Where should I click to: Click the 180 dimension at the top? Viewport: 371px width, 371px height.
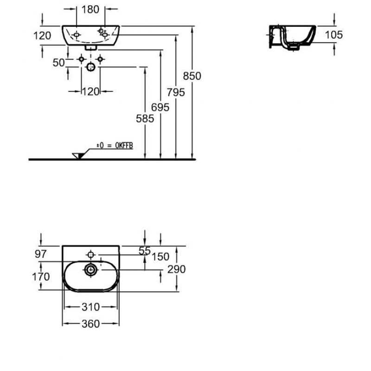pyautogui.click(x=91, y=9)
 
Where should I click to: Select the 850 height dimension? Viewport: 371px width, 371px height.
pyautogui.click(x=192, y=76)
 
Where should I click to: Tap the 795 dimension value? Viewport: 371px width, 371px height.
pyautogui.click(x=176, y=92)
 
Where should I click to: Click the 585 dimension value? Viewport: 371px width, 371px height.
pyautogui.click(x=145, y=119)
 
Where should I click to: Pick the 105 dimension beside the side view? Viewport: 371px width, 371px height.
pyautogui.click(x=334, y=34)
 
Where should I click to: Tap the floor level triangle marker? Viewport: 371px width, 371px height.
pyautogui.click(x=78, y=155)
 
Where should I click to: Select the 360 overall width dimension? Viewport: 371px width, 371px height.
pyautogui.click(x=91, y=324)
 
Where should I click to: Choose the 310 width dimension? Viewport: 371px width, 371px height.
pyautogui.click(x=91, y=307)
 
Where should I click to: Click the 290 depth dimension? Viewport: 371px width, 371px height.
pyautogui.click(x=177, y=269)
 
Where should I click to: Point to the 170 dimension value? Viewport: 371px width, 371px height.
pyautogui.click(x=41, y=277)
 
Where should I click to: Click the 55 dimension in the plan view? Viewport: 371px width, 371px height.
pyautogui.click(x=145, y=250)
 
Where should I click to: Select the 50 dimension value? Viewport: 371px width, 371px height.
pyautogui.click(x=58, y=63)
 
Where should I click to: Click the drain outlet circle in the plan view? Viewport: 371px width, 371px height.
pyautogui.click(x=90, y=269)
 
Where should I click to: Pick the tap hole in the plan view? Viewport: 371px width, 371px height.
pyautogui.click(x=90, y=254)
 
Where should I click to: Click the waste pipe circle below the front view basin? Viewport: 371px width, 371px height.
pyautogui.click(x=91, y=68)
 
